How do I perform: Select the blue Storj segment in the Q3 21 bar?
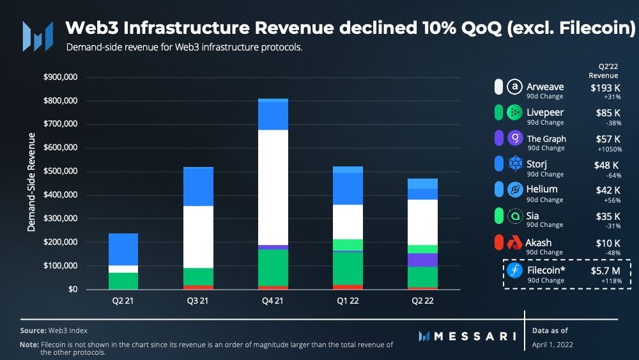198,187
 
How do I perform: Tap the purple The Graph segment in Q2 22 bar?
423,260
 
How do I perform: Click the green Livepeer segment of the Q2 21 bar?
123,281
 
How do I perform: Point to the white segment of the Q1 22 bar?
348,222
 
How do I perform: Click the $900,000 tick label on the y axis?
59,77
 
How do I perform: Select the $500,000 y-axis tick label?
59,171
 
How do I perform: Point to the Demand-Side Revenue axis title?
31,182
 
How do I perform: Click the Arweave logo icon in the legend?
514,86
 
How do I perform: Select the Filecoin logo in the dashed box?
514,271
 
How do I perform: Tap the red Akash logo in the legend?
514,243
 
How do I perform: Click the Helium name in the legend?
542,189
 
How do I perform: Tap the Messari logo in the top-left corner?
37,36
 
